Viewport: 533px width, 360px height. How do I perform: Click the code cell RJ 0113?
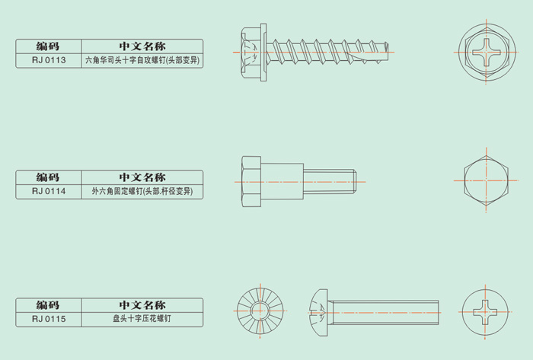point(48,60)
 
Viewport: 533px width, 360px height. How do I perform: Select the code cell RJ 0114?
point(48,192)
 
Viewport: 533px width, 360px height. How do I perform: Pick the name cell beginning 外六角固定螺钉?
point(142,192)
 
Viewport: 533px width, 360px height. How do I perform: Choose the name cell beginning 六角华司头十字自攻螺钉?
point(142,60)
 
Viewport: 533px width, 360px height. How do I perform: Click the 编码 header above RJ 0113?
point(48,46)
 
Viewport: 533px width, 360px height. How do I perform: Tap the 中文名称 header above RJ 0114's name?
point(142,177)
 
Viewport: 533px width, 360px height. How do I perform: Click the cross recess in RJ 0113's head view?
point(488,52)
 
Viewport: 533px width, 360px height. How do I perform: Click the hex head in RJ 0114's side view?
point(251,181)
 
